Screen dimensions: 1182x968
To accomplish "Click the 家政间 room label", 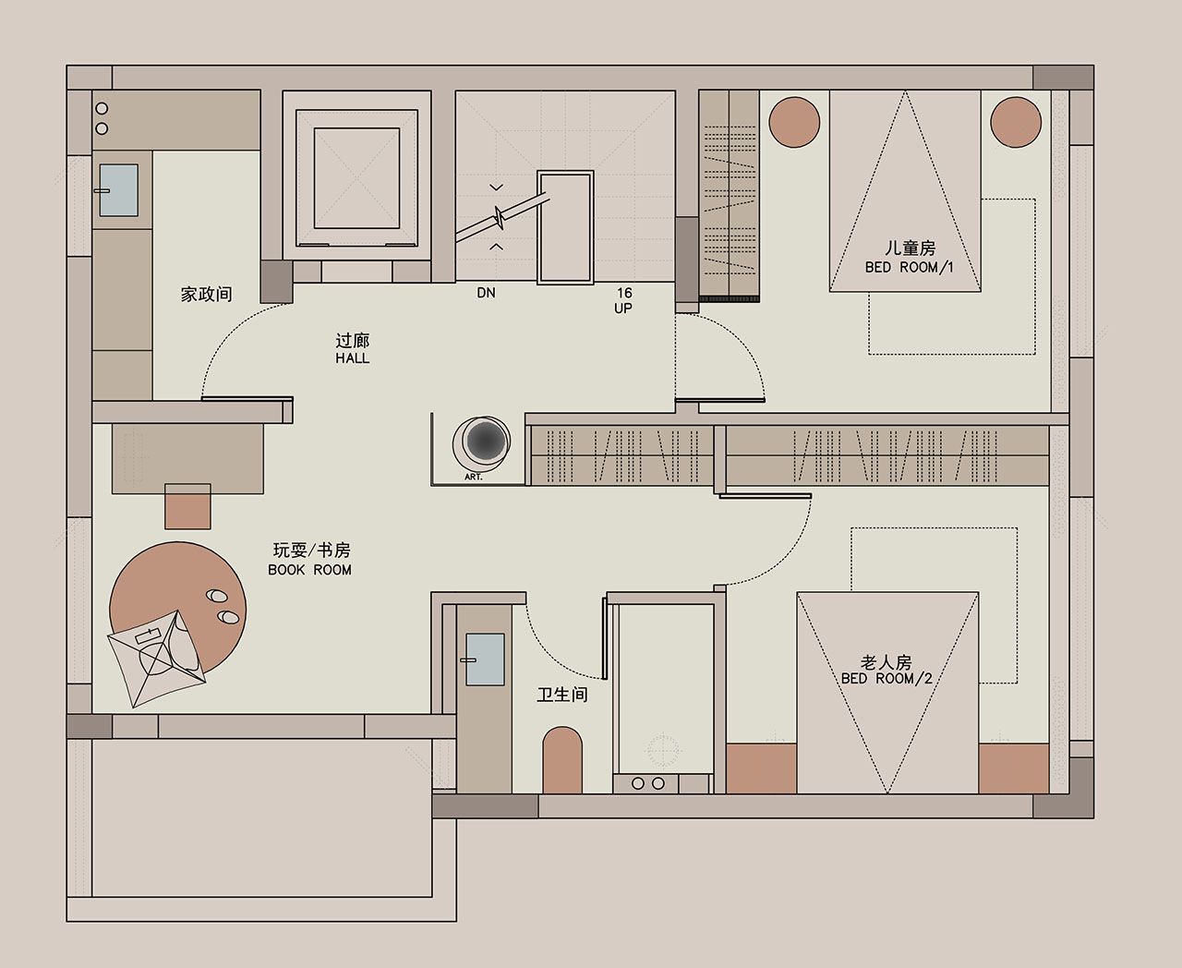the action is pyautogui.click(x=206, y=295).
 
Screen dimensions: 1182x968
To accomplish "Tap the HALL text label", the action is pyautogui.click(x=353, y=358).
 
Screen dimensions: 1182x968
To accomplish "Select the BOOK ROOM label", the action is pyautogui.click(x=310, y=570).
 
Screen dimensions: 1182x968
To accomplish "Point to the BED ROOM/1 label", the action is pyautogui.click(x=909, y=267).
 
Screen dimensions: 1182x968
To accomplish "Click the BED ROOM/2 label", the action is pyautogui.click(x=886, y=679).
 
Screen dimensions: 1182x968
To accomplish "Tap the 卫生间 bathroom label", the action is pyautogui.click(x=562, y=695).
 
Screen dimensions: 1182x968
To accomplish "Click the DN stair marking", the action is pyautogui.click(x=486, y=293).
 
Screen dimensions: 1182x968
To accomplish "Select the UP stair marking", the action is pyautogui.click(x=623, y=309).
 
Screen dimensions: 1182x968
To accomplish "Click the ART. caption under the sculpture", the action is pyautogui.click(x=473, y=477).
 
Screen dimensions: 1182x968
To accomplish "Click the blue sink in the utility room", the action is pyautogui.click(x=119, y=190).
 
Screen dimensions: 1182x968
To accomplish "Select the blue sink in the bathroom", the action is pyautogui.click(x=486, y=659).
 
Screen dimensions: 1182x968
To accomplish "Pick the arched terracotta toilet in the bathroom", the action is pyautogui.click(x=562, y=760).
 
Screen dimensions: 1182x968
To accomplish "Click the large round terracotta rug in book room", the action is pyautogui.click(x=177, y=608).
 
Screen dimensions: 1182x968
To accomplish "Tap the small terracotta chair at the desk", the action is pyautogui.click(x=187, y=507).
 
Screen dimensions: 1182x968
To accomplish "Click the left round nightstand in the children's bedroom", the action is pyautogui.click(x=794, y=122).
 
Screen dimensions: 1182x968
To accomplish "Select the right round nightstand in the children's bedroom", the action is pyautogui.click(x=1016, y=122).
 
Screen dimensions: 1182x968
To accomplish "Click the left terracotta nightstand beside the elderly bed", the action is pyautogui.click(x=762, y=768).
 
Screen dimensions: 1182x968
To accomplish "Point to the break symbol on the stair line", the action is pyautogui.click(x=499, y=217).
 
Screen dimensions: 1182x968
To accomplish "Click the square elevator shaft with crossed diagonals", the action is pyautogui.click(x=357, y=178).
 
